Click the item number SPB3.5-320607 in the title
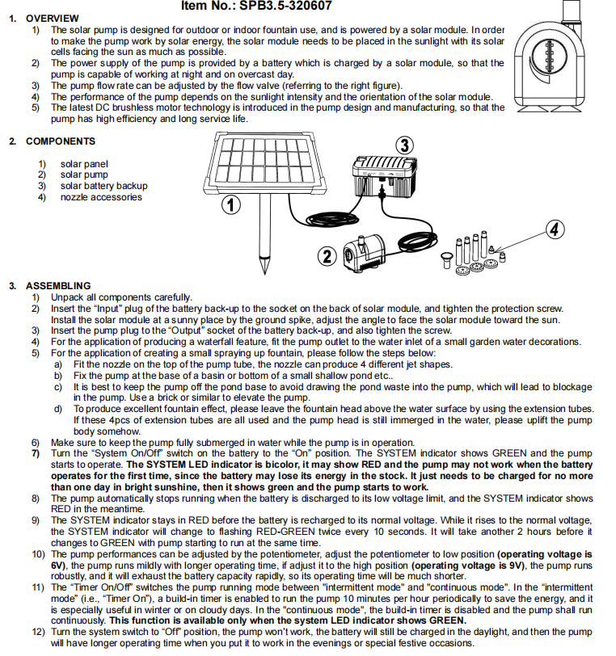[x=295, y=6]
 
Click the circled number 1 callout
[x=232, y=205]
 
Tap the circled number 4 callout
[x=554, y=229]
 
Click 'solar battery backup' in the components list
[x=103, y=186]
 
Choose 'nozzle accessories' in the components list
[x=100, y=197]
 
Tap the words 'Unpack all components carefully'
[x=121, y=297]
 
